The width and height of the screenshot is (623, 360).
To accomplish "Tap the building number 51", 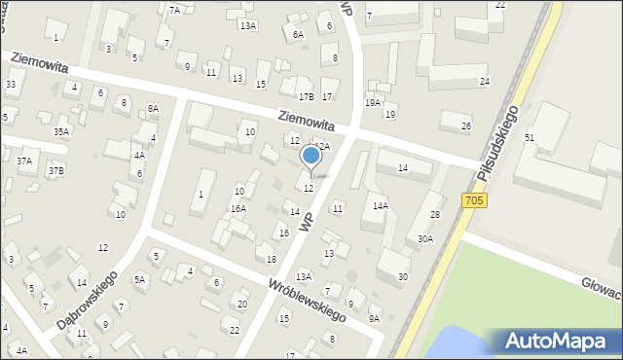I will point(530,138).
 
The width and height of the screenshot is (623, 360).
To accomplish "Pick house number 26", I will point(466,126).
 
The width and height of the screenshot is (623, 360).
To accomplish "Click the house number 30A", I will point(425,238).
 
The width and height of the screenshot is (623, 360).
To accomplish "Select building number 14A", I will point(380,205).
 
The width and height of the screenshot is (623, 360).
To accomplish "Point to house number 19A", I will point(373,102).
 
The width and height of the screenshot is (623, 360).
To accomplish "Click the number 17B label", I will point(307,96).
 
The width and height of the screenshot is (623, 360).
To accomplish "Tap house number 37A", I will point(25,161).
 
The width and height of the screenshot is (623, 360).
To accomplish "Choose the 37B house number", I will point(56,171).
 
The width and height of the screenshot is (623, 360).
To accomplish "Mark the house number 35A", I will point(61,131).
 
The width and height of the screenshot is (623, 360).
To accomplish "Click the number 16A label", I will point(238,209).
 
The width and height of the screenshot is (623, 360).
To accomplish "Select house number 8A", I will point(152,109).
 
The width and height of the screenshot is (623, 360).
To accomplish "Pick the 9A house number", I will point(374,318).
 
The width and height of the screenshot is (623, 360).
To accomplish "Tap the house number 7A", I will point(174,10).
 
